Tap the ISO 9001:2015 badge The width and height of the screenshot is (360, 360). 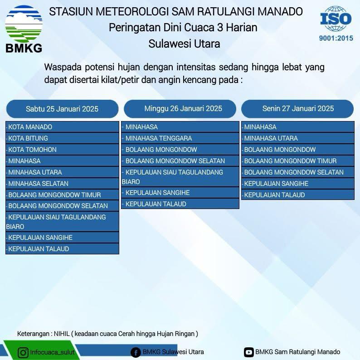coord(336,24)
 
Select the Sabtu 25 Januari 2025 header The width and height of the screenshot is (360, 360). coord(62,109)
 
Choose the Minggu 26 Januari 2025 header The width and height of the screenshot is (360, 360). coord(180,109)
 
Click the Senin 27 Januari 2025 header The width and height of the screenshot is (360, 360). coord(297,109)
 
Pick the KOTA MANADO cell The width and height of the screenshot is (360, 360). coord(62,127)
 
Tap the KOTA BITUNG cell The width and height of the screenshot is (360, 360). coord(62,138)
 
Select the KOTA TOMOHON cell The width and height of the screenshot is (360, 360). coord(62,150)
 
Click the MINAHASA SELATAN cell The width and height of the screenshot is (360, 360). coord(62,184)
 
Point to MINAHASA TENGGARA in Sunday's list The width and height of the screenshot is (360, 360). coord(180,138)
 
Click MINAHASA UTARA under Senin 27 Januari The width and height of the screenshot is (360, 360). coord(298,138)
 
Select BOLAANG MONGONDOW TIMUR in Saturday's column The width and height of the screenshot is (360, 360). coord(62,195)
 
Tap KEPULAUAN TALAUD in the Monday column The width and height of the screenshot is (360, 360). coord(298,195)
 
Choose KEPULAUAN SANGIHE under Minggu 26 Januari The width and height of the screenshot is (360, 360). coord(180,193)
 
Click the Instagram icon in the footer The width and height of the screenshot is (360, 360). coord(23,352)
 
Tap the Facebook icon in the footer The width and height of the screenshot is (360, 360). coord(136,353)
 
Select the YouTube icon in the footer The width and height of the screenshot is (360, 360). coord(248,352)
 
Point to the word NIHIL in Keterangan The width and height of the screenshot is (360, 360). coord(62,334)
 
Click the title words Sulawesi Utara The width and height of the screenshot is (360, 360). coord(184,44)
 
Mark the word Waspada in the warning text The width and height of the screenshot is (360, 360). coord(63,67)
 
